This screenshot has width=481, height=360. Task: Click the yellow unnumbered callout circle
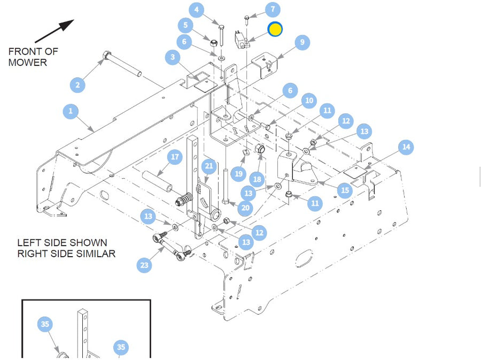coord(275,29)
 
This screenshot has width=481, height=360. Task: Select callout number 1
coord(71,111)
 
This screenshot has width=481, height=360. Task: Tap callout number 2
coord(77,85)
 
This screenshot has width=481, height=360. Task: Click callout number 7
coord(272,9)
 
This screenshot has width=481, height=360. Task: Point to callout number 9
coord(302,42)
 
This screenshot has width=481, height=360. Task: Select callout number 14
coord(406,147)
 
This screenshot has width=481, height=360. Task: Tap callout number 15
coord(345,190)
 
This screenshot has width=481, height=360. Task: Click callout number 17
coord(175,157)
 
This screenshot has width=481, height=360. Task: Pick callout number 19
coord(238,173)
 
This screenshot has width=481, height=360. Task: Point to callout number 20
coord(245,208)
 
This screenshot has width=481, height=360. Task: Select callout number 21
coord(209,166)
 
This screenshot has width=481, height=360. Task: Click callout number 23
coord(144,264)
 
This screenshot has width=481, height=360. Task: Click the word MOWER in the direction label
coord(28,63)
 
